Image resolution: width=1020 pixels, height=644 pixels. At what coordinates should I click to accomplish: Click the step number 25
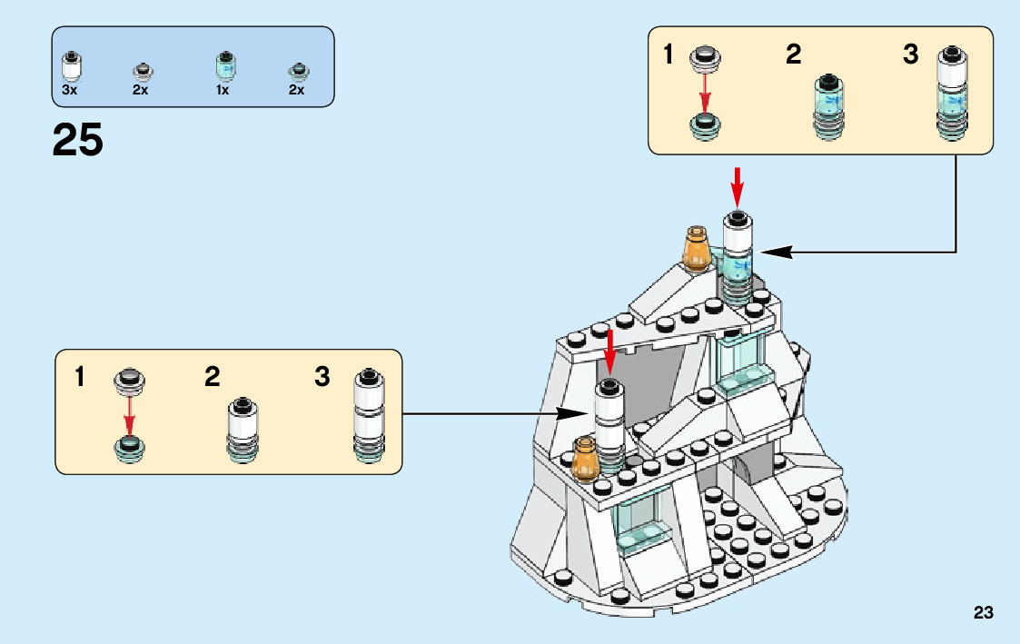pyautogui.click(x=78, y=140)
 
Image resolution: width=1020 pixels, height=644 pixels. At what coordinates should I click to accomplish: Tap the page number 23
pyautogui.click(x=983, y=613)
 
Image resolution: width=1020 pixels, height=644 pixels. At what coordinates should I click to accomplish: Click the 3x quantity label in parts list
pyautogui.click(x=70, y=91)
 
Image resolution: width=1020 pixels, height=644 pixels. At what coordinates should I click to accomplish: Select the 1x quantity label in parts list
pyautogui.click(x=223, y=91)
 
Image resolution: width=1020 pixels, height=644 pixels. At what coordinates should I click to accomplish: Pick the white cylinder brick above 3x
pyautogui.click(x=70, y=67)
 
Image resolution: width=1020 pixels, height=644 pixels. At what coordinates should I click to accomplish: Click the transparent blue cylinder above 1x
pyautogui.click(x=223, y=67)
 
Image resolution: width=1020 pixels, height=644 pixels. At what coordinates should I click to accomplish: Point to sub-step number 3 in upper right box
pyautogui.click(x=911, y=55)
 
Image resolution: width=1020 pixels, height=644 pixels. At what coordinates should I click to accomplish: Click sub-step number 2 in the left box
pyautogui.click(x=213, y=377)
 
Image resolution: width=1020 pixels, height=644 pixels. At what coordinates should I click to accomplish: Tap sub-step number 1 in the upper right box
pyautogui.click(x=668, y=55)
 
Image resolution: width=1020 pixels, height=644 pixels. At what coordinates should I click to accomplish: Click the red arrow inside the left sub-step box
pyautogui.click(x=130, y=416)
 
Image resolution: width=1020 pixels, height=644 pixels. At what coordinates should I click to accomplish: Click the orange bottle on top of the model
pyautogui.click(x=697, y=248)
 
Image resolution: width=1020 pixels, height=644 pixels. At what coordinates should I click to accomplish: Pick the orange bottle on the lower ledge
pyautogui.click(x=585, y=459)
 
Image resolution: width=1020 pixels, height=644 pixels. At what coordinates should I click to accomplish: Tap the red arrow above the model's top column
pyautogui.click(x=738, y=184)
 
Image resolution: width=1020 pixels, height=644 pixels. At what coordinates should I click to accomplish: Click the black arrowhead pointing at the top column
pyautogui.click(x=768, y=252)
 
